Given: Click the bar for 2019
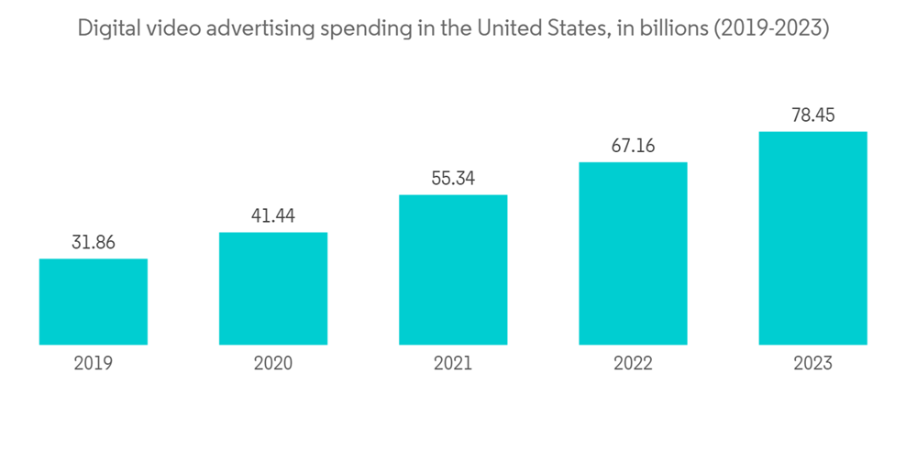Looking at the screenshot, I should tap(94, 302).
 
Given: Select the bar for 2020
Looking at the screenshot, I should tap(273, 288).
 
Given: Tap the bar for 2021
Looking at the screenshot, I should tap(453, 269).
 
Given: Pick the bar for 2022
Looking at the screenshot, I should tap(633, 253).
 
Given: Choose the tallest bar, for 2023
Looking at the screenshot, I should tap(812, 238).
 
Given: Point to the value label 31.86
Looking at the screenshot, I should tap(94, 243).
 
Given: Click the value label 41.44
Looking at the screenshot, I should tap(273, 216).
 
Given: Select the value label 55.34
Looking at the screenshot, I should tap(453, 179).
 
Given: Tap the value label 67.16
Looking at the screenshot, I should tap(633, 147).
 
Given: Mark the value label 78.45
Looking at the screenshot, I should tap(812, 115).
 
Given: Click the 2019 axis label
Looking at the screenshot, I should tap(94, 364).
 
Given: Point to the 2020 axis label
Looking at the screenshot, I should tap(273, 364).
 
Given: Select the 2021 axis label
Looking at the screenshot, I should tap(453, 364).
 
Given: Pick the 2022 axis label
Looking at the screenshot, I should tap(633, 364).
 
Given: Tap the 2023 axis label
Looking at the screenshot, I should tap(812, 364).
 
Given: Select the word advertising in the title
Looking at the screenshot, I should tap(258, 29).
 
